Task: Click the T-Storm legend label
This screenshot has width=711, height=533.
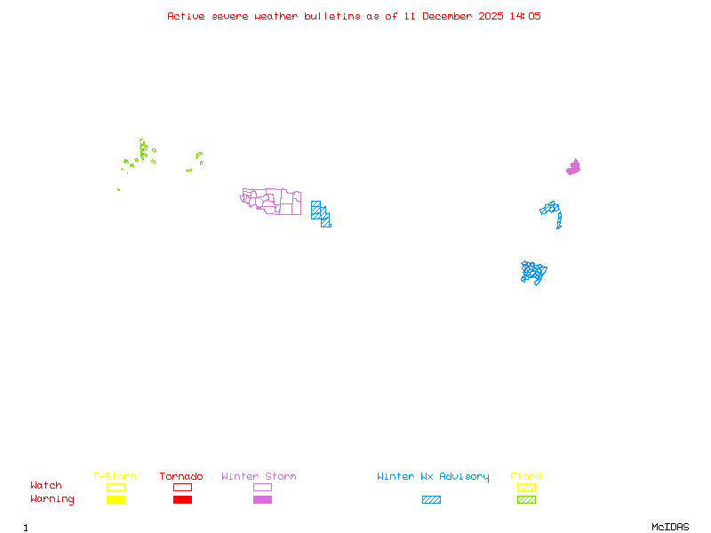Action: [x=115, y=477]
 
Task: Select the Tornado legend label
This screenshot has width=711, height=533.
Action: [x=181, y=477]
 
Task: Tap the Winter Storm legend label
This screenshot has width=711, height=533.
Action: [x=259, y=477]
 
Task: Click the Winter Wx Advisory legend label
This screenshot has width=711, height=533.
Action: [x=433, y=477]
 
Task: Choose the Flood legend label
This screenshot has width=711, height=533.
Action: [x=526, y=477]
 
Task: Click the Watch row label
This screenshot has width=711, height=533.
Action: [x=46, y=486]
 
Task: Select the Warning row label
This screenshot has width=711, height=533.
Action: [x=52, y=499]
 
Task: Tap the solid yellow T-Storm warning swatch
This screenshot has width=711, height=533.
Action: [x=116, y=500]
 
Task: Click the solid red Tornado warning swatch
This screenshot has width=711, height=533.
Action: [x=182, y=500]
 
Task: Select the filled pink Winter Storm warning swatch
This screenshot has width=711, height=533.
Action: [x=262, y=500]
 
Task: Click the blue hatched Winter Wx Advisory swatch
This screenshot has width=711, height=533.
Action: [x=431, y=500]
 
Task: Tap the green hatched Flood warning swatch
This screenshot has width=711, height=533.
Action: [x=526, y=500]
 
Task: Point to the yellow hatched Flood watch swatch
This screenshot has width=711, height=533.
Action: [x=526, y=487]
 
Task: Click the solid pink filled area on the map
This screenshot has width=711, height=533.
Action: [x=574, y=167]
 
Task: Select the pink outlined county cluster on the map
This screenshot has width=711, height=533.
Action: [x=271, y=202]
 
